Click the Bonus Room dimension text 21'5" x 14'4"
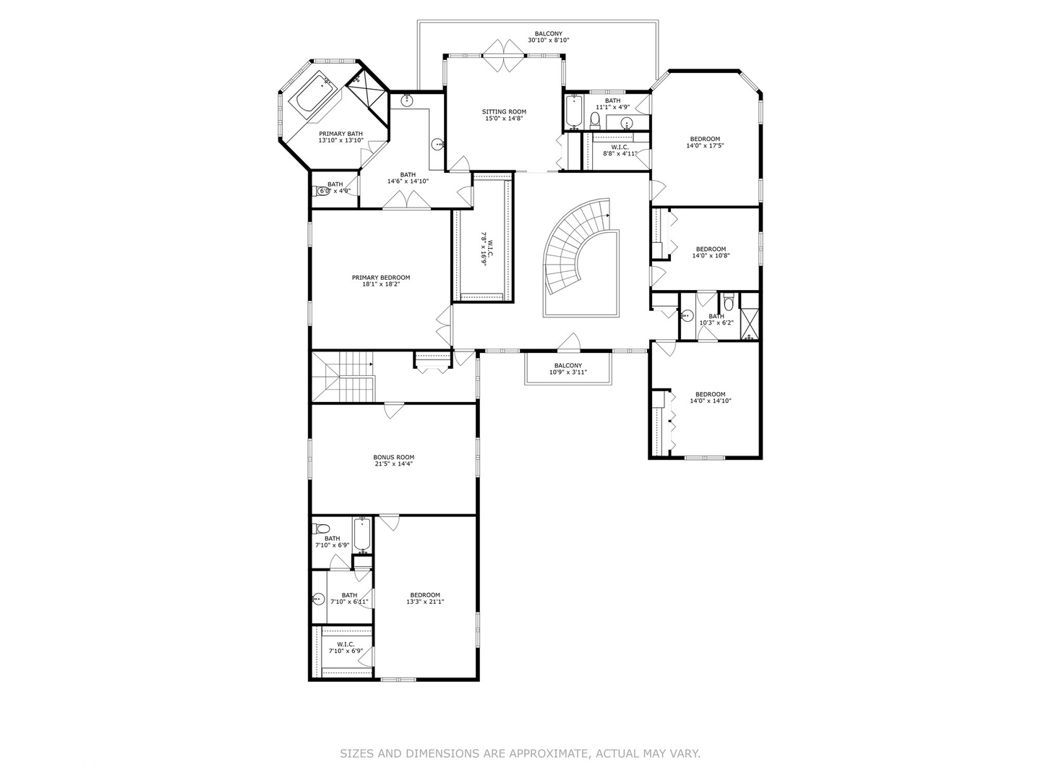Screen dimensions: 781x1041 (x=394, y=464)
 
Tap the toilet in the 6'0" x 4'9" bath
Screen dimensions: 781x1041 (x=320, y=192)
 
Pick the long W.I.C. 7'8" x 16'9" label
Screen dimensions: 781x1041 (x=486, y=249)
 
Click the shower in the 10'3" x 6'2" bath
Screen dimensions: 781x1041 (x=750, y=323)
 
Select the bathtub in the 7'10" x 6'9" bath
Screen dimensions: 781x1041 (x=362, y=534)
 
